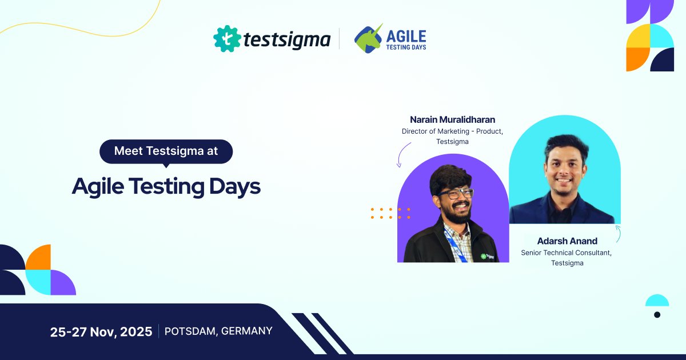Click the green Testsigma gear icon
coord(226,38)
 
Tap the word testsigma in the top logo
coord(286,39)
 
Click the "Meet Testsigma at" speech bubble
coord(166,151)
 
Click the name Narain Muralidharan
coord(452,119)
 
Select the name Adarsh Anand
coord(567,241)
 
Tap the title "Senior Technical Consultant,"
coord(567,252)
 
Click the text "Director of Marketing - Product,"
coord(452,131)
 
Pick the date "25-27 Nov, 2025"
coord(101,331)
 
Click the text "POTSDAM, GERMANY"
coord(218,331)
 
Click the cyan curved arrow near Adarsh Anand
coord(618,233)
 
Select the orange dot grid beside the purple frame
coord(390,213)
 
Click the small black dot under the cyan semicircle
coord(657,315)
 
